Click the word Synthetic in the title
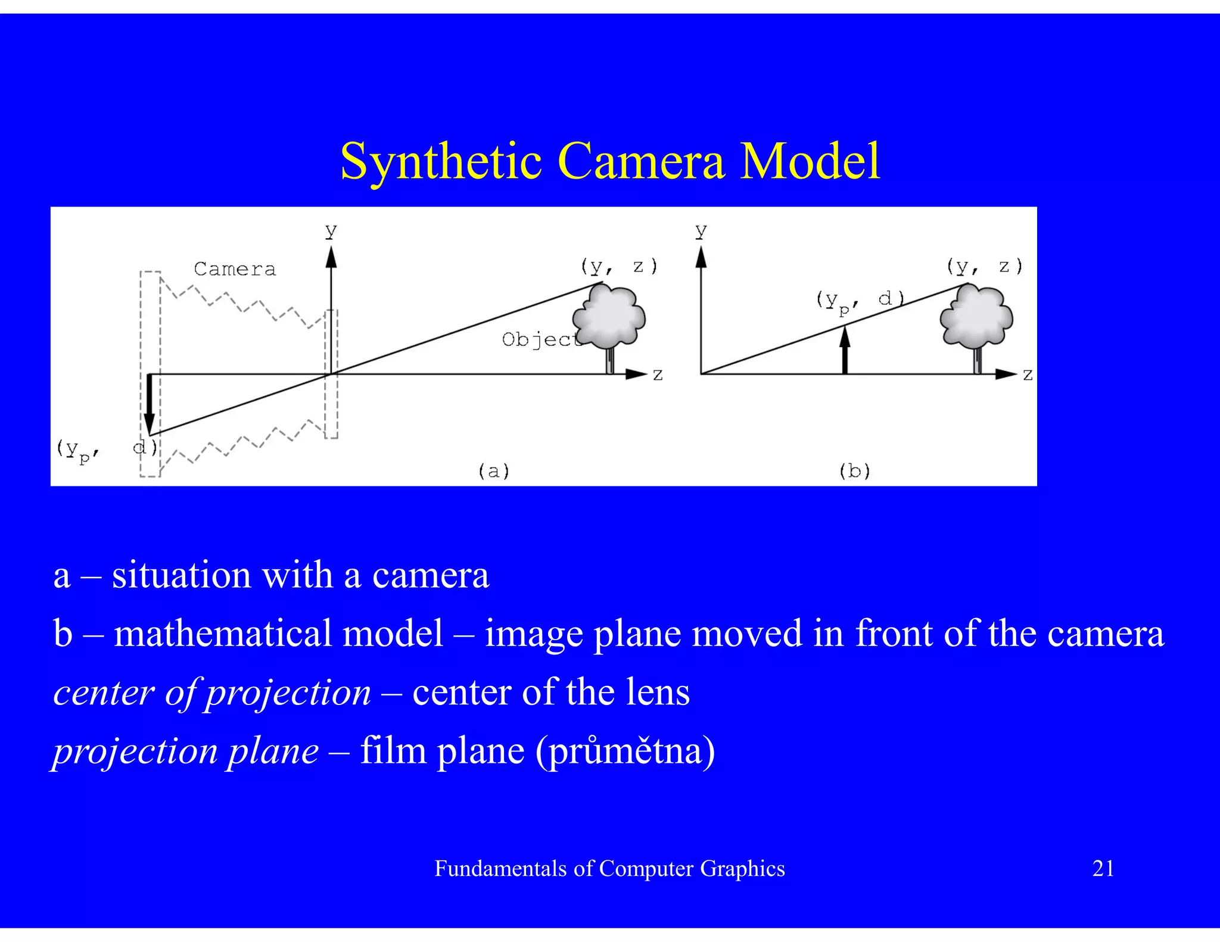click(441, 162)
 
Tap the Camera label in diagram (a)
click(235, 269)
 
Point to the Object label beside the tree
click(540, 339)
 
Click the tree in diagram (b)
click(976, 319)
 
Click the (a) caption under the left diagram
click(494, 471)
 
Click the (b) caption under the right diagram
click(854, 471)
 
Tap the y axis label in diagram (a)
click(331, 230)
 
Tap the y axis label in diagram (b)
click(701, 230)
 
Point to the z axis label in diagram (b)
click(1028, 375)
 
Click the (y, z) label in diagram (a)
click(620, 266)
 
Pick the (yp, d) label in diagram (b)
click(860, 301)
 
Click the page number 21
click(1103, 869)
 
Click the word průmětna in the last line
click(625, 751)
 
